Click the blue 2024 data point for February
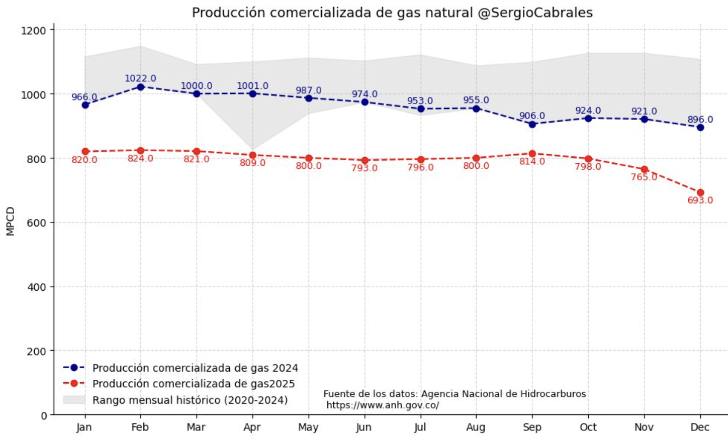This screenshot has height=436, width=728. pyautogui.click(x=141, y=87)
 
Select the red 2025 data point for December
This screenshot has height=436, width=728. pyautogui.click(x=700, y=192)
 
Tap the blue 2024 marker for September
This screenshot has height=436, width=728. pyautogui.click(x=532, y=124)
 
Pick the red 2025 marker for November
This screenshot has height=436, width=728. pyautogui.click(x=644, y=169)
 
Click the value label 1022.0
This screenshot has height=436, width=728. pyautogui.click(x=140, y=78)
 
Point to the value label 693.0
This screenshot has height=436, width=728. pyautogui.click(x=700, y=200)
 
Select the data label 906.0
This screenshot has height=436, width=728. pyautogui.click(x=532, y=116)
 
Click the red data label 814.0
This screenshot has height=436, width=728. pyautogui.click(x=532, y=162)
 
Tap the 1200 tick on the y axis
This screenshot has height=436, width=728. pyautogui.click(x=35, y=30)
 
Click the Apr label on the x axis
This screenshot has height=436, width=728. pyautogui.click(x=252, y=427)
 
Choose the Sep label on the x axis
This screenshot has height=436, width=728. pyautogui.click(x=532, y=427)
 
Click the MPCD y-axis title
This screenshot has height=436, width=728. pyautogui.click(x=11, y=221)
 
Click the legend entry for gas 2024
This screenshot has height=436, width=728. pyautogui.click(x=195, y=368)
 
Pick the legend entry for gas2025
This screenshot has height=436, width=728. pyautogui.click(x=194, y=384)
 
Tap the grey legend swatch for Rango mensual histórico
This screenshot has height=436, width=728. pyautogui.click(x=74, y=400)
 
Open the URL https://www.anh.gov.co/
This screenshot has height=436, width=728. pyautogui.click(x=383, y=405)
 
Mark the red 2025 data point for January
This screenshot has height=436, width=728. pyautogui.click(x=85, y=152)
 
